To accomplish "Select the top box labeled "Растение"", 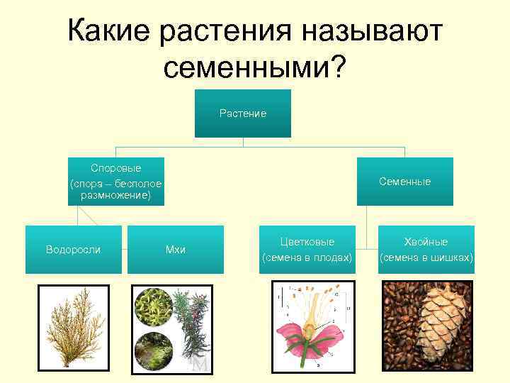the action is click(x=243, y=113).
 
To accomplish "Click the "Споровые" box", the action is click(x=115, y=182).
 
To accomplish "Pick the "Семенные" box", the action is click(x=404, y=182).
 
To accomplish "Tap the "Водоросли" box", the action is click(x=73, y=250).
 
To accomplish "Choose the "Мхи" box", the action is click(x=175, y=250).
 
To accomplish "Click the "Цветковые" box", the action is click(x=307, y=250).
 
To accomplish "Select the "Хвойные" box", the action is click(x=426, y=250).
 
